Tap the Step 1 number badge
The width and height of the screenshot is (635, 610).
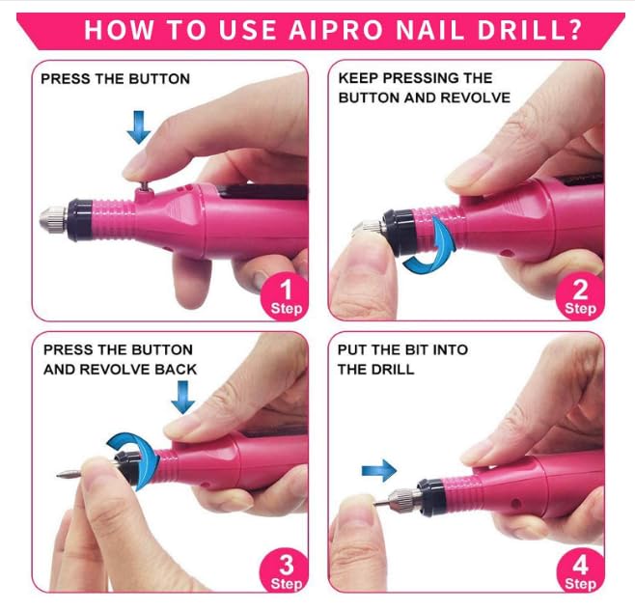pos(286,295)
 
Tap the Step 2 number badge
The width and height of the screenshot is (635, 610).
pos(580,295)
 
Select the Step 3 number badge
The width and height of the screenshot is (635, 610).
pos(286,570)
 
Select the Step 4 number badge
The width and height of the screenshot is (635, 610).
pos(580,570)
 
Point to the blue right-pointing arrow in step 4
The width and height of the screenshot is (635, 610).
pos(379,471)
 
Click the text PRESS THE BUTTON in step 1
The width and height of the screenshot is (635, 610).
pos(115,78)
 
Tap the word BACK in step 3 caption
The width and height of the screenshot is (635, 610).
pos(174,369)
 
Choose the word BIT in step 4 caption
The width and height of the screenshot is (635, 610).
pos(424,350)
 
